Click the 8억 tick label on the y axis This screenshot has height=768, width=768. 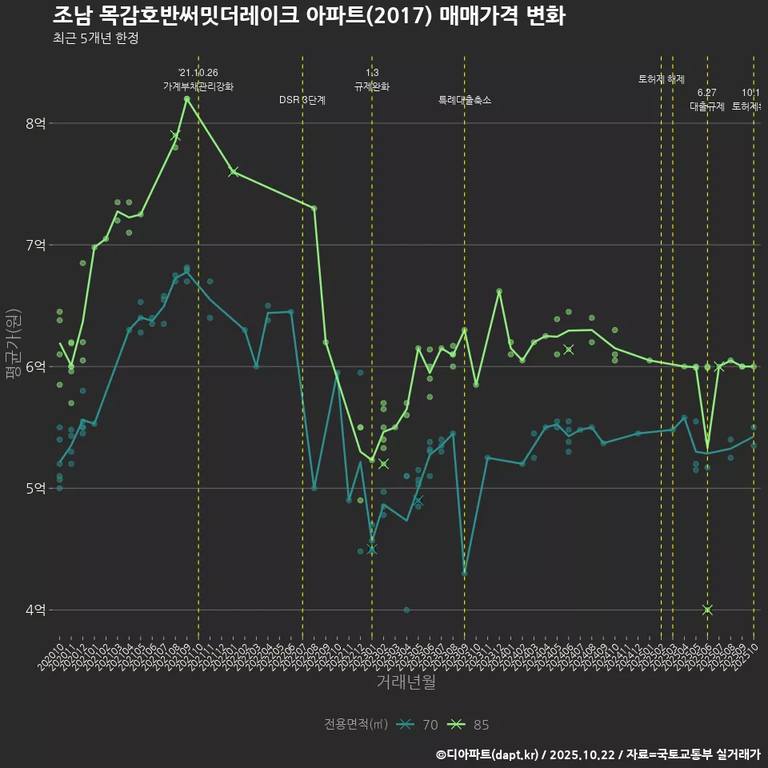pos(35,123)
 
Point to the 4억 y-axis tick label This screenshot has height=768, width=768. pos(35,610)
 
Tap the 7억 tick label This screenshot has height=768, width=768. pos(35,245)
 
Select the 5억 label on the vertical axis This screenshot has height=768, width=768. pos(35,489)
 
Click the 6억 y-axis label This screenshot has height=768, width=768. pos(35,366)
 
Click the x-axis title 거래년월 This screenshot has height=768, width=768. pos(406,682)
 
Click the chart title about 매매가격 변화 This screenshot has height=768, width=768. pos(310,15)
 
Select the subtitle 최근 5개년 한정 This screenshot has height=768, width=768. pos(95,38)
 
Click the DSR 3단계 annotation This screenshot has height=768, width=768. pos(302,100)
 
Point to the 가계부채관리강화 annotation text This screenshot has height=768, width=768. pos(198,86)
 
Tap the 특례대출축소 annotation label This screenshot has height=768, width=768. pos(465,100)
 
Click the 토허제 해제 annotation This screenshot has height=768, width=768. pos(662,79)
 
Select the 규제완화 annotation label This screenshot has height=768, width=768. pos(372,86)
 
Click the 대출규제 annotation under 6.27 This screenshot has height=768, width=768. pos(707,106)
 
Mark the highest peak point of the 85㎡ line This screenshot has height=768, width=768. pos(186,98)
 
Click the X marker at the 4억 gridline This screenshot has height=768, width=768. pos(707,610)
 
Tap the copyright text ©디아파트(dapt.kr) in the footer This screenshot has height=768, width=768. pos(487,754)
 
